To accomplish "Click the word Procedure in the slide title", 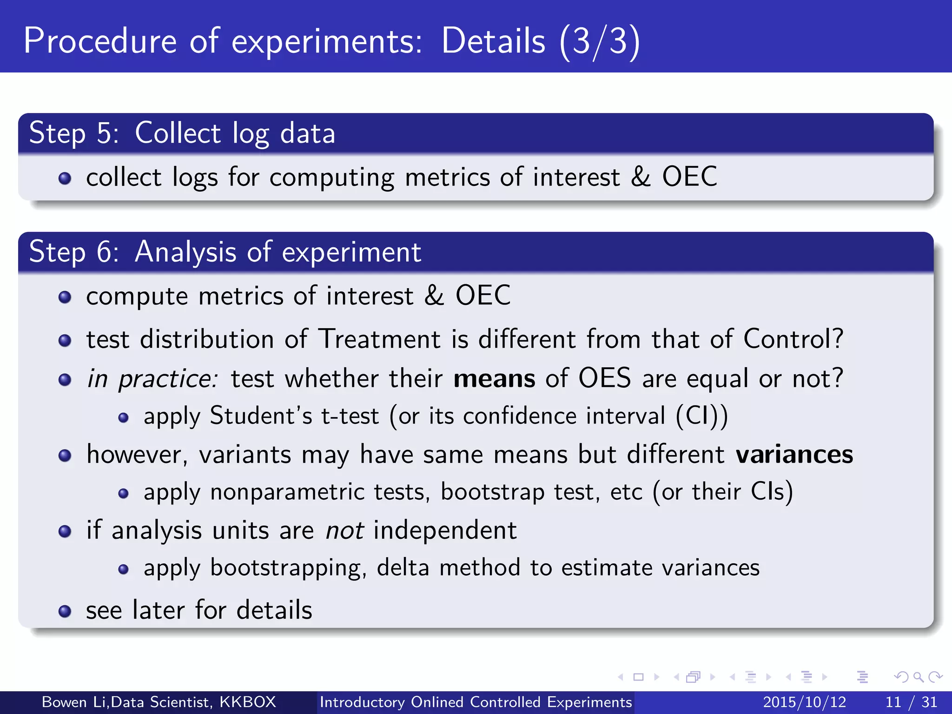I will [100, 41].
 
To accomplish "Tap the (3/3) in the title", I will [600, 42].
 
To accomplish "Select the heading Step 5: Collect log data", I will [182, 133].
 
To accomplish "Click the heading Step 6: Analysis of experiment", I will [225, 252].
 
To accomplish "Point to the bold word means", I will [494, 379].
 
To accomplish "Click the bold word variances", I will [794, 455].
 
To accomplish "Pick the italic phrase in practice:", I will [152, 379].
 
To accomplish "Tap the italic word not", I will [344, 530].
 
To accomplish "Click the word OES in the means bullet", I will [604, 378].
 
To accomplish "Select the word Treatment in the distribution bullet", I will [379, 339].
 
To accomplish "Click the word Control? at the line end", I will [793, 339].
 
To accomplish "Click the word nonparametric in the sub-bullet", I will [287, 492].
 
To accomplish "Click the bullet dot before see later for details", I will [65, 611].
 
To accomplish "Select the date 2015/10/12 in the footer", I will [804, 702].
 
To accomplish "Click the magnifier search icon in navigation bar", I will [918, 677].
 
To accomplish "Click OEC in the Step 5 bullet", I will [689, 177].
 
